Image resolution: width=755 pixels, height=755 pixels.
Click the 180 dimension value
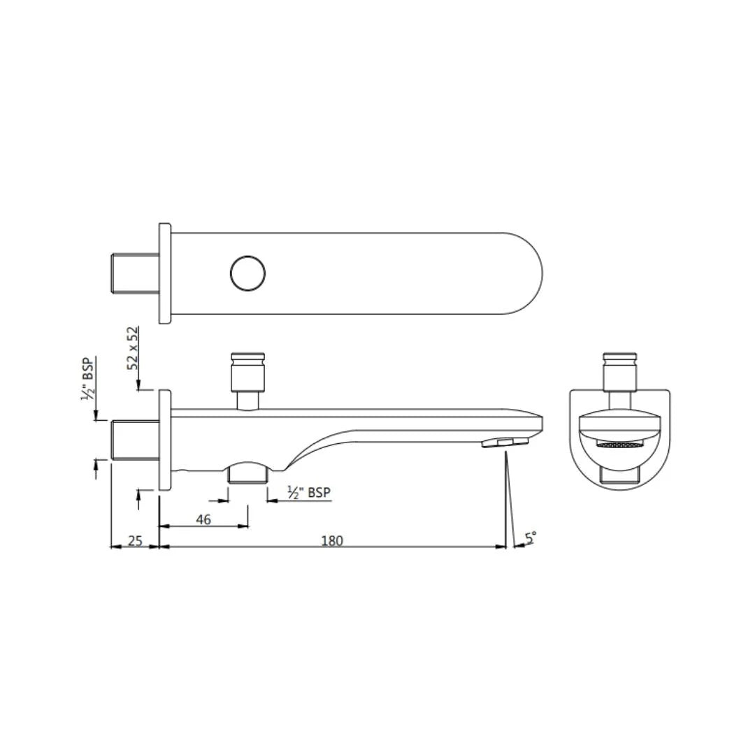pyautogui.click(x=332, y=540)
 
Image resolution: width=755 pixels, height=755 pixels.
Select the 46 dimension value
pyautogui.click(x=203, y=519)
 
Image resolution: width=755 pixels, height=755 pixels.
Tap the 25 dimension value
pyautogui.click(x=136, y=540)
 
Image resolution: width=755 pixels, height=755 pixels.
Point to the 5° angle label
pyautogui.click(x=531, y=537)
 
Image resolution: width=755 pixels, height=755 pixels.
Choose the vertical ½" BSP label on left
pyautogui.click(x=88, y=379)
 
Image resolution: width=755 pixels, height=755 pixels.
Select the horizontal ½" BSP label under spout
pyautogui.click(x=308, y=493)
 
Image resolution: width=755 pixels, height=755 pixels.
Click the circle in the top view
pyautogui.click(x=248, y=273)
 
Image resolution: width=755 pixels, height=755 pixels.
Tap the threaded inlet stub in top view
pyautogui.click(x=134, y=273)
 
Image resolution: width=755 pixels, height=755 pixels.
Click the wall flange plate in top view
pyautogui.click(x=165, y=273)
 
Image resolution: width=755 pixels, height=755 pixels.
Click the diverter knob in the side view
pyautogui.click(x=248, y=375)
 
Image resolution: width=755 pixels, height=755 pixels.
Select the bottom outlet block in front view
pyautogui.click(x=620, y=475)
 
